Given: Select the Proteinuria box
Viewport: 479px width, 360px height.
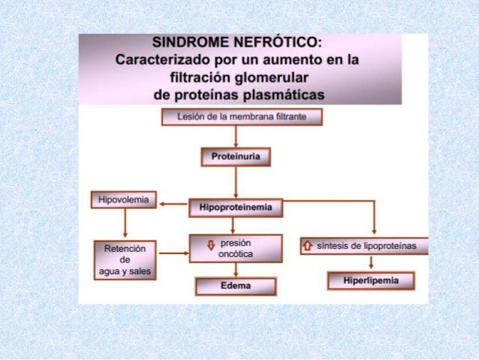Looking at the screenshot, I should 236,156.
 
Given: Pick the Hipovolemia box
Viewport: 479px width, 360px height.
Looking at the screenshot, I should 124,200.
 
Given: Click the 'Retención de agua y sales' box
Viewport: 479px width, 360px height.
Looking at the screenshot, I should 125,259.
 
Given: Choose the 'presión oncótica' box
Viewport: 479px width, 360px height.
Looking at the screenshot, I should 236,249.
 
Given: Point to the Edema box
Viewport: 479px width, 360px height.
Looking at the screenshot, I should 236,286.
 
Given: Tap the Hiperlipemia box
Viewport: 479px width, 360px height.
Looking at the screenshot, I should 371,280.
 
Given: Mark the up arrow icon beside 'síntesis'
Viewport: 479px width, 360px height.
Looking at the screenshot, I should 307,245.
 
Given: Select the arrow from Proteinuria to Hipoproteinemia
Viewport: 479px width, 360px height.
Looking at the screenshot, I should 236,182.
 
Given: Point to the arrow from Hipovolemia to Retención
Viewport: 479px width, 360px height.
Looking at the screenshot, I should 125,224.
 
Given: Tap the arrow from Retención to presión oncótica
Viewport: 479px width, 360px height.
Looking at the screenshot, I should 173,253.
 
